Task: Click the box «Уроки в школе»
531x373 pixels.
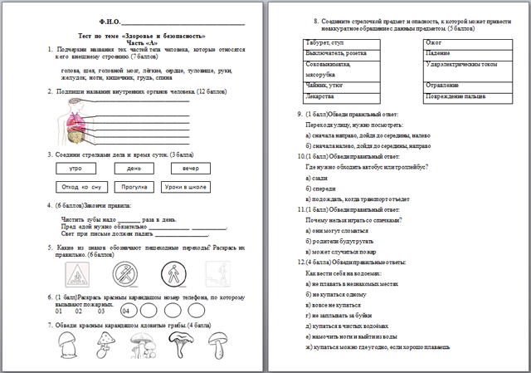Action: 188,187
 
